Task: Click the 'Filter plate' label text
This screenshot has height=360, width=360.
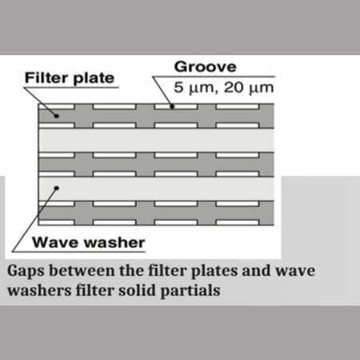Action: (x=70, y=78)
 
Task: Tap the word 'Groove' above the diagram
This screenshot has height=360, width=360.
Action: (x=205, y=66)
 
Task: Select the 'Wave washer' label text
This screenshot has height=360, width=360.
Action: (x=89, y=242)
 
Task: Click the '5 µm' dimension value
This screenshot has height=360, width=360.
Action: (x=194, y=88)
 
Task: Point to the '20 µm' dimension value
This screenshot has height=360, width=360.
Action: (x=249, y=88)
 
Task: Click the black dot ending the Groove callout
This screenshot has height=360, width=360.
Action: (x=172, y=106)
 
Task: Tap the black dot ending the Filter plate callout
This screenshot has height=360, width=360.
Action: (x=56, y=116)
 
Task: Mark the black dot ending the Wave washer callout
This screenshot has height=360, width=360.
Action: (x=57, y=188)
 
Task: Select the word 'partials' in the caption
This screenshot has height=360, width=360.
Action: (x=190, y=290)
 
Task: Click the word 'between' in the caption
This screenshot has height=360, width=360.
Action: (x=82, y=270)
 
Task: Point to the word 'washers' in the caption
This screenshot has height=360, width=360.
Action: (x=39, y=290)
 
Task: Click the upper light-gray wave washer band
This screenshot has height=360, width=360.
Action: (x=156, y=140)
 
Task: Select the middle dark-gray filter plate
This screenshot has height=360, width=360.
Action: (x=156, y=165)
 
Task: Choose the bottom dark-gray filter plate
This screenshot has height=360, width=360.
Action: (x=156, y=213)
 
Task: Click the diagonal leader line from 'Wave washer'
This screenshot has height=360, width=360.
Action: (x=34, y=220)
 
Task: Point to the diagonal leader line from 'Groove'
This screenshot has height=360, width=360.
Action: (x=162, y=92)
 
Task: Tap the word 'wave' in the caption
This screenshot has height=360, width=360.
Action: (x=295, y=271)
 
